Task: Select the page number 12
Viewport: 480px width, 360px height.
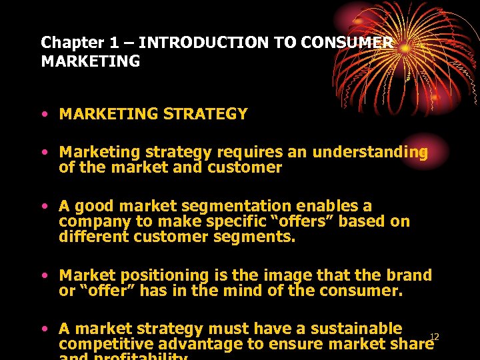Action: tap(434, 336)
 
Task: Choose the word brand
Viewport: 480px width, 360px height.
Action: tap(407, 275)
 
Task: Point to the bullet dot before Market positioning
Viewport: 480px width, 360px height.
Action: tap(44, 275)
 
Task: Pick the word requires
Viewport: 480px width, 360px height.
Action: tap(249, 152)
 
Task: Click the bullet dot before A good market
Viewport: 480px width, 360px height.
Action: tap(44, 206)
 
